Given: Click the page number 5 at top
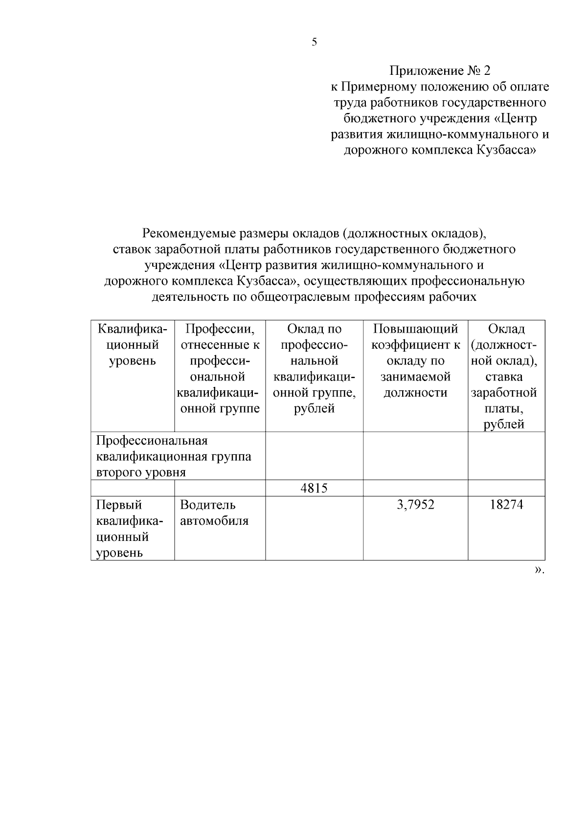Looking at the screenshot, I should (x=314, y=42).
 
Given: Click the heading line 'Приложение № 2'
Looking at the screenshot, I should (x=439, y=71).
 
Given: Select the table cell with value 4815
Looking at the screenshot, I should (x=314, y=488).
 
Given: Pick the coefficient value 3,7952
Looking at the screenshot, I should (x=415, y=505).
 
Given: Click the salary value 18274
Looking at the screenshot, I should (x=506, y=505).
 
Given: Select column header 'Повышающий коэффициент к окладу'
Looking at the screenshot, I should (x=415, y=360).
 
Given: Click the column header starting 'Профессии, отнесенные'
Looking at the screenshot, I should (x=220, y=368).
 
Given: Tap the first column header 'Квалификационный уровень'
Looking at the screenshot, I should (x=133, y=345).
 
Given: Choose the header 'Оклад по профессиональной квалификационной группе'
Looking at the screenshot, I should (x=314, y=368).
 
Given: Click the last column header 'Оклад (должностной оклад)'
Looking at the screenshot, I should (x=506, y=376).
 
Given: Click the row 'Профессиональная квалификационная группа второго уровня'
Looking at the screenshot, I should (x=174, y=456).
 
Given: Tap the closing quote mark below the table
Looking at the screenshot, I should (x=539, y=569).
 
